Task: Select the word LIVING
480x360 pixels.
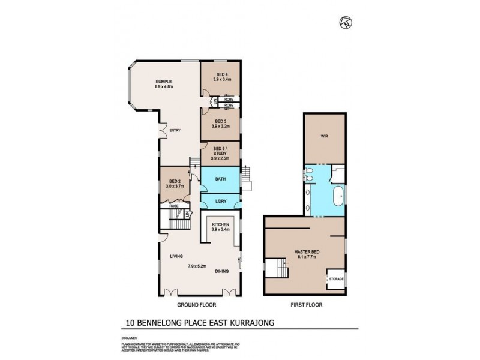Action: (176, 256)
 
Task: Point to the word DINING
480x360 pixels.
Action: (222, 271)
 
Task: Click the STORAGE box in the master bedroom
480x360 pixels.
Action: (336, 278)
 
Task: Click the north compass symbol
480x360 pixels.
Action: (346, 23)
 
